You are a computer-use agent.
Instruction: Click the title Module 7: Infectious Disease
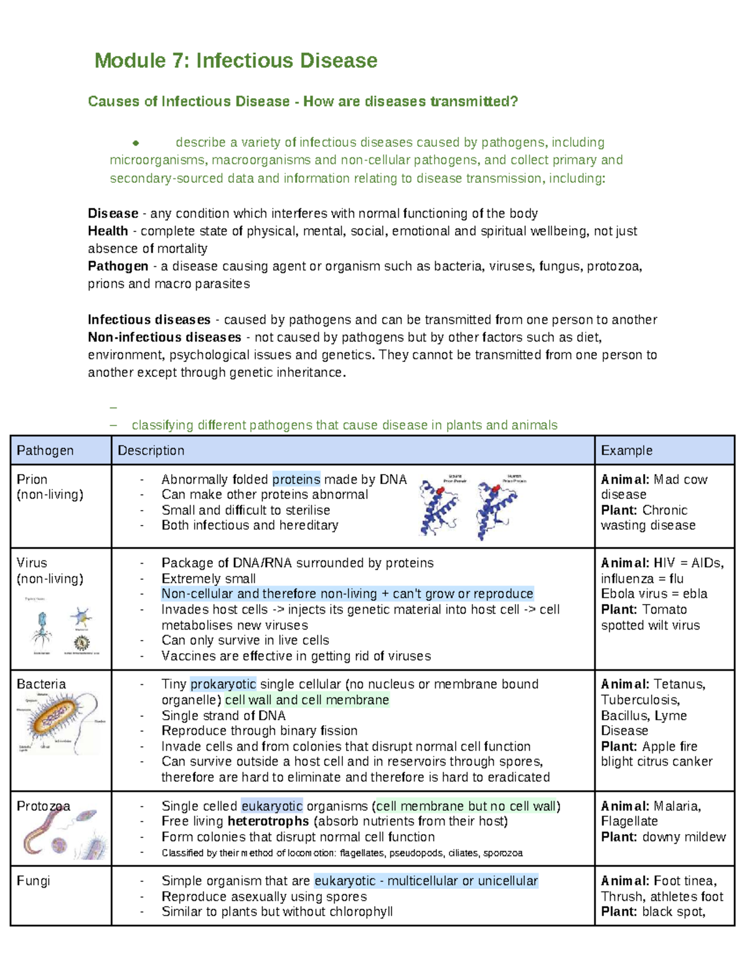tap(235, 61)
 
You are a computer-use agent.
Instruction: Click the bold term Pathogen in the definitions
tap(118, 266)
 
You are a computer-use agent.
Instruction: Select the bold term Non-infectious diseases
tap(164, 337)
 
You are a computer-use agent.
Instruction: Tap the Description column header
tap(151, 450)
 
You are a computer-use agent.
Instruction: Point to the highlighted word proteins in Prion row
tap(296, 479)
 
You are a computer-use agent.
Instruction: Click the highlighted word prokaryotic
tap(223, 684)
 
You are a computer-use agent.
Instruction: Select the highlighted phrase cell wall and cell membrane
tap(307, 700)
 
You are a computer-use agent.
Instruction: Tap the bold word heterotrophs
tap(268, 821)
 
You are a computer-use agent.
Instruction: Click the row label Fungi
tap(34, 881)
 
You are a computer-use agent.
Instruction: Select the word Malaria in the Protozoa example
tap(677, 806)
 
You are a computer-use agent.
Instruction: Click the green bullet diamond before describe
tap(135, 143)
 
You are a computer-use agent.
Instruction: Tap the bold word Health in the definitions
tap(108, 231)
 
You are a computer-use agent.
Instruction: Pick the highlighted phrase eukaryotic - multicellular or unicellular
tap(426, 881)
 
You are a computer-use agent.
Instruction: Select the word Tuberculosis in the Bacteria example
tap(640, 700)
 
